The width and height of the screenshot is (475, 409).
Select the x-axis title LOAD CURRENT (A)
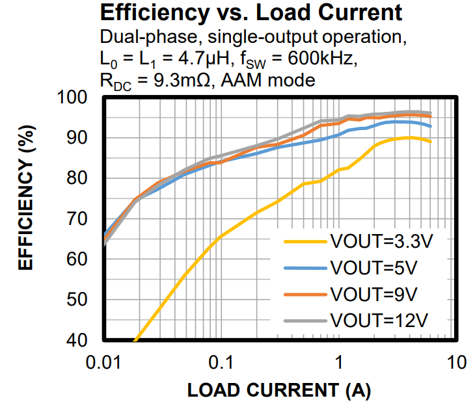coord(279,390)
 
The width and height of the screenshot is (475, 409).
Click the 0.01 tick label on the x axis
coord(104,362)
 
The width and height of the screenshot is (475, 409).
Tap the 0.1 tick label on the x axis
coord(222,362)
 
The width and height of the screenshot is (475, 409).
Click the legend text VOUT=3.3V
coord(381,242)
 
